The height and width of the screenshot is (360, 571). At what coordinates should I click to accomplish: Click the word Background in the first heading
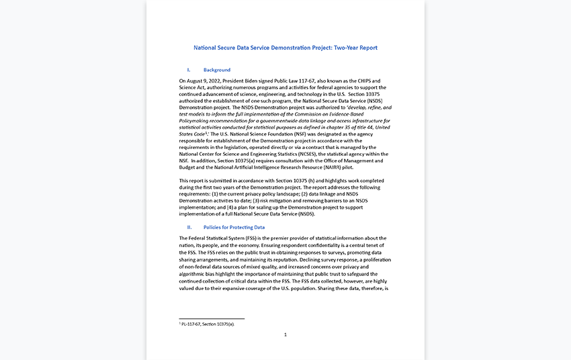[217, 70]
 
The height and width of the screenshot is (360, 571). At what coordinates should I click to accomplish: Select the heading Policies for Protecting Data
[234, 227]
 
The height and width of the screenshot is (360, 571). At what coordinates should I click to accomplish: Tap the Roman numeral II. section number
[189, 227]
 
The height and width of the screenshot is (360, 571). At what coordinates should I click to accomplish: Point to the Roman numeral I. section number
[189, 70]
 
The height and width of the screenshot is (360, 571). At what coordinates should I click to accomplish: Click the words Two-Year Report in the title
[355, 48]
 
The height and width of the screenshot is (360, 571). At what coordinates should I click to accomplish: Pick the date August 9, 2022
[204, 81]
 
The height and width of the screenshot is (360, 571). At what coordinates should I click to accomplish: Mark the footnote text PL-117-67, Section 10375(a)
[208, 324]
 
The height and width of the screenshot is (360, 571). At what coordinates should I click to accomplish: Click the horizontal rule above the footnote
[212, 318]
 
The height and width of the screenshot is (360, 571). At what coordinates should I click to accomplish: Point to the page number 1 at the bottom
[285, 334]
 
